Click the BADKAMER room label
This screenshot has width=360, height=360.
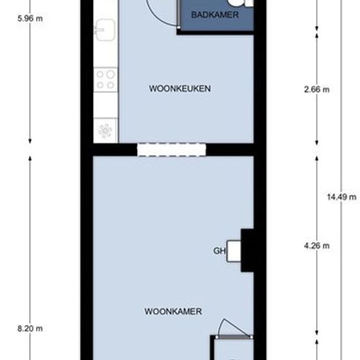[x=215, y=15]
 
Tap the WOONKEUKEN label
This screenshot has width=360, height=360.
[x=180, y=88]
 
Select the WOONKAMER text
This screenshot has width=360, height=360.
[x=173, y=312]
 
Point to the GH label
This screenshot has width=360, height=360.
[x=219, y=251]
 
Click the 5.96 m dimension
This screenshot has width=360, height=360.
[x=30, y=18]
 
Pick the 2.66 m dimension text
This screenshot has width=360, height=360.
[x=317, y=89]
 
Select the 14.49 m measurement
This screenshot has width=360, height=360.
[x=342, y=197]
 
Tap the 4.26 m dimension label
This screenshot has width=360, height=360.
[x=317, y=246]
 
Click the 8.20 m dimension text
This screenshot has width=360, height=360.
[x=30, y=329]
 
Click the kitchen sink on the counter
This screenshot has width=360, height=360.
[x=105, y=30]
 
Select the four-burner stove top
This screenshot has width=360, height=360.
[x=105, y=80]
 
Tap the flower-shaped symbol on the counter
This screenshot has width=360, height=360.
[x=105, y=131]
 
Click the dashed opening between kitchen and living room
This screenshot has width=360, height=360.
[x=171, y=149]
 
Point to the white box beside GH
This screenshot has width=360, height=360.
[x=234, y=251]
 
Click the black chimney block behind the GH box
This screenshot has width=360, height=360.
[x=247, y=251]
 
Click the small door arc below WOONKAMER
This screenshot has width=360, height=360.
[x=232, y=325]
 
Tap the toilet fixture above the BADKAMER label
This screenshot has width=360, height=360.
[x=239, y=3]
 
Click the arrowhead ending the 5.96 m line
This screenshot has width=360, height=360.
[x=30, y=141]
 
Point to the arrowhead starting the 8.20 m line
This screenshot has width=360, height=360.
[x=30, y=159]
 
